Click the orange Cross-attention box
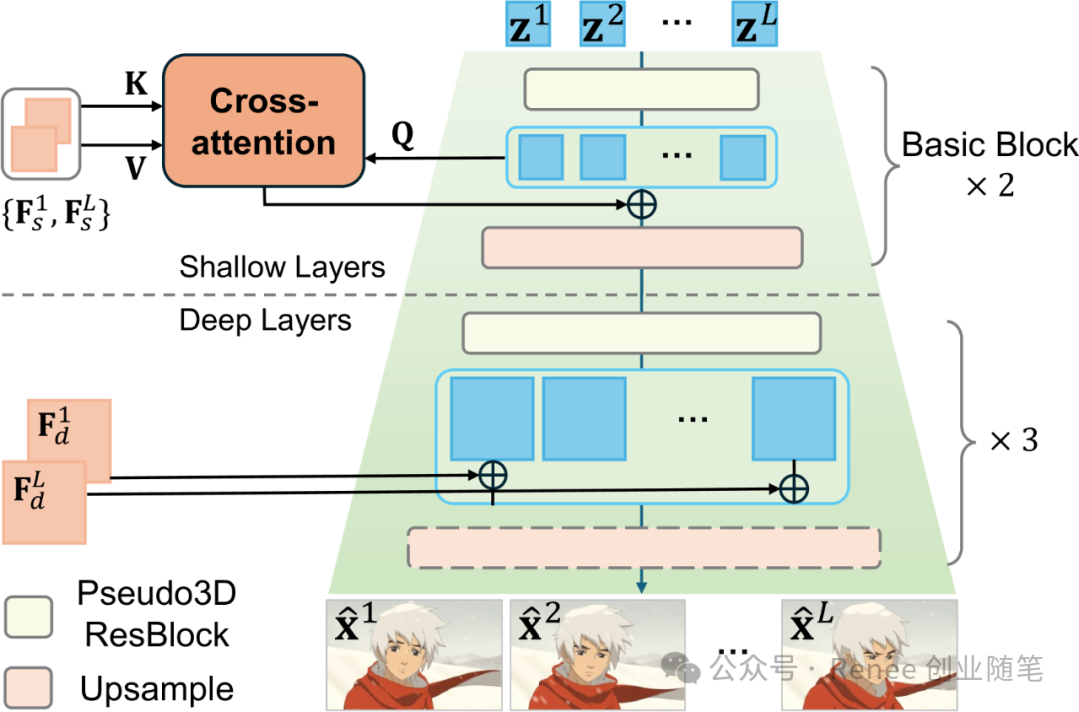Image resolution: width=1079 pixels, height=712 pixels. pos(263,121)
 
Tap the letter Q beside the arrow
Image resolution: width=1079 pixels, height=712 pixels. pos(401,138)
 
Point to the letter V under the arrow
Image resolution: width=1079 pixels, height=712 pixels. pos(135,169)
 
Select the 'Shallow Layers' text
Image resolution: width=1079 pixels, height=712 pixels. pos(282,267)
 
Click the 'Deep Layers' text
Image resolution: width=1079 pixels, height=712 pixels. pos(265,320)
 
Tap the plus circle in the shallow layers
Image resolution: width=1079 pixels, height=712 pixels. pos(641,204)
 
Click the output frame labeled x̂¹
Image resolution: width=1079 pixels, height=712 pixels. pos(414,654)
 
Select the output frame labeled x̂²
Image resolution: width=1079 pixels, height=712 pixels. pos(596,654)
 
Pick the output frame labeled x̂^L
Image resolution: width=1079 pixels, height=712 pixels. pos(868,654)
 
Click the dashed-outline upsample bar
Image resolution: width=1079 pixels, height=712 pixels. pos(643,548)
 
